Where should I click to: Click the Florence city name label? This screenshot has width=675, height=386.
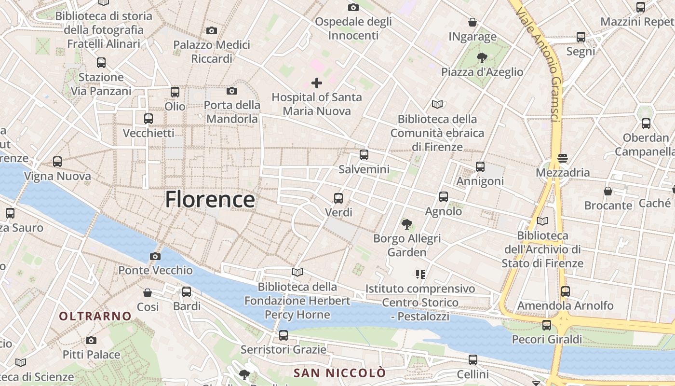click(210, 199)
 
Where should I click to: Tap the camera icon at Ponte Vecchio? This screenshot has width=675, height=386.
click(155, 256)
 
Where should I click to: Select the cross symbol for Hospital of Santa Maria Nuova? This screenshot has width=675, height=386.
click(317, 83)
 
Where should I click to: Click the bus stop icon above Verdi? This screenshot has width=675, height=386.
click(338, 198)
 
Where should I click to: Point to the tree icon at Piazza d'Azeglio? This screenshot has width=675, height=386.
click(482, 58)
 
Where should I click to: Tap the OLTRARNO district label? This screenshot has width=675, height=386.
click(95, 316)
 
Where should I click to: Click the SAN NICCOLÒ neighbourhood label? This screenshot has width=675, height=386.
click(340, 373)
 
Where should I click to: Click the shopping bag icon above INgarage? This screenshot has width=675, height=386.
click(472, 22)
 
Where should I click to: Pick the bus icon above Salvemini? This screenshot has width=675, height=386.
click(364, 155)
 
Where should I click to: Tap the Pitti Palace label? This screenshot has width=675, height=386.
click(91, 355)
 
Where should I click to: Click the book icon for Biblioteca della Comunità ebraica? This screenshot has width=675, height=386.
click(437, 104)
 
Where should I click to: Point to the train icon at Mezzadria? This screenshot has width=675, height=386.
click(562, 158)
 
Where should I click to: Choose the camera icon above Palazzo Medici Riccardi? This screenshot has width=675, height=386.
click(211, 31)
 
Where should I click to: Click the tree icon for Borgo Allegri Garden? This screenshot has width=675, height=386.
click(407, 224)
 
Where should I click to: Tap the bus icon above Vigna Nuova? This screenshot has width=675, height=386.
click(57, 162)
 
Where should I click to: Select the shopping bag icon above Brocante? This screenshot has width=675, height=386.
click(608, 191)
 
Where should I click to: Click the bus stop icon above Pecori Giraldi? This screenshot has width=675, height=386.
click(546, 325)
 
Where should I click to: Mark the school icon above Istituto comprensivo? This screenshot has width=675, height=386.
click(420, 275)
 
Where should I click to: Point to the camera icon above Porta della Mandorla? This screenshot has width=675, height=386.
click(232, 91)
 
